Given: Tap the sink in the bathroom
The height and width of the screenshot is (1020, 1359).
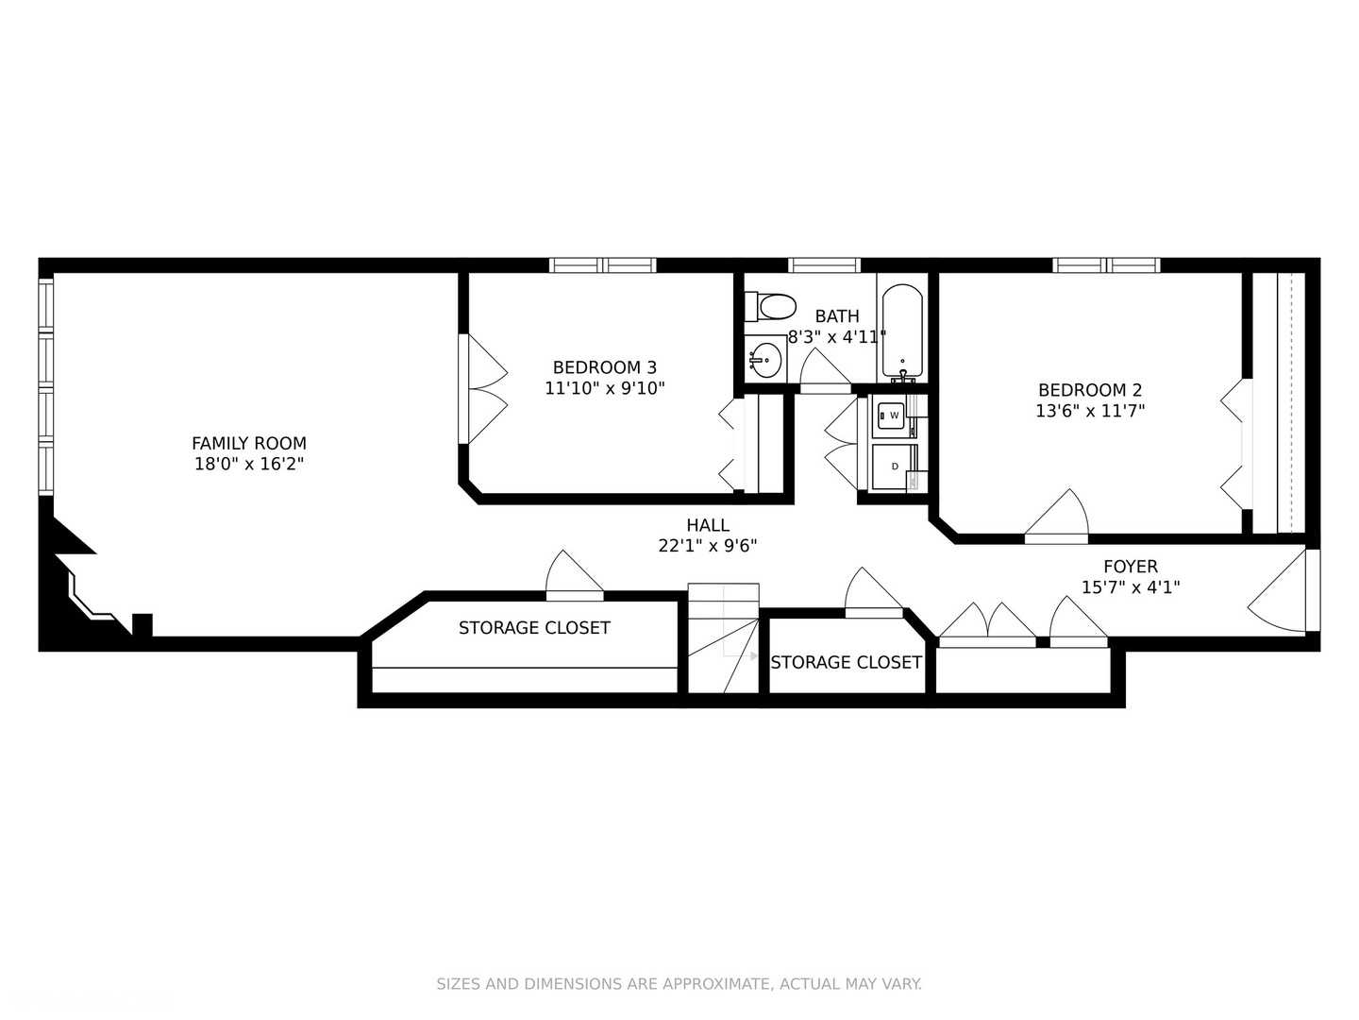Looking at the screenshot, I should (765, 360).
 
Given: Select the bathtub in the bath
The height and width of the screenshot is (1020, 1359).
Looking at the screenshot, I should (902, 331).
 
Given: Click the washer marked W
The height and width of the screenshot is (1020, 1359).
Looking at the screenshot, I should (891, 416).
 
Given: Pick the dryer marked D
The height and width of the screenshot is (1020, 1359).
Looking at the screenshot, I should (891, 467).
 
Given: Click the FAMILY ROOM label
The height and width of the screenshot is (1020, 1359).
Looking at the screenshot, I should (249, 443).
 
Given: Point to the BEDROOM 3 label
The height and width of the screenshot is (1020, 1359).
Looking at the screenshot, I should (604, 367).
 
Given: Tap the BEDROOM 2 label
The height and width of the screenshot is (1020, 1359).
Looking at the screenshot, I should (1090, 390).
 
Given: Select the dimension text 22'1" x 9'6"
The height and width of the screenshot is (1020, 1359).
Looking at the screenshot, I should (708, 546).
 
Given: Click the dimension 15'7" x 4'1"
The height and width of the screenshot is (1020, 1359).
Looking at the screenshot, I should (1131, 587).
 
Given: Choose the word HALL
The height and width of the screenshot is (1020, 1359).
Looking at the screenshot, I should (708, 526).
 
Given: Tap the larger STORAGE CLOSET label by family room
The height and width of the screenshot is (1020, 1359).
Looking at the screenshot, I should (534, 628).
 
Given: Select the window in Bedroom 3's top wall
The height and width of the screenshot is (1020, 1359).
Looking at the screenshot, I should (602, 265).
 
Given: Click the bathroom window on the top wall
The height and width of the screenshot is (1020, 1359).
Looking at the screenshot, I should (824, 265).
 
